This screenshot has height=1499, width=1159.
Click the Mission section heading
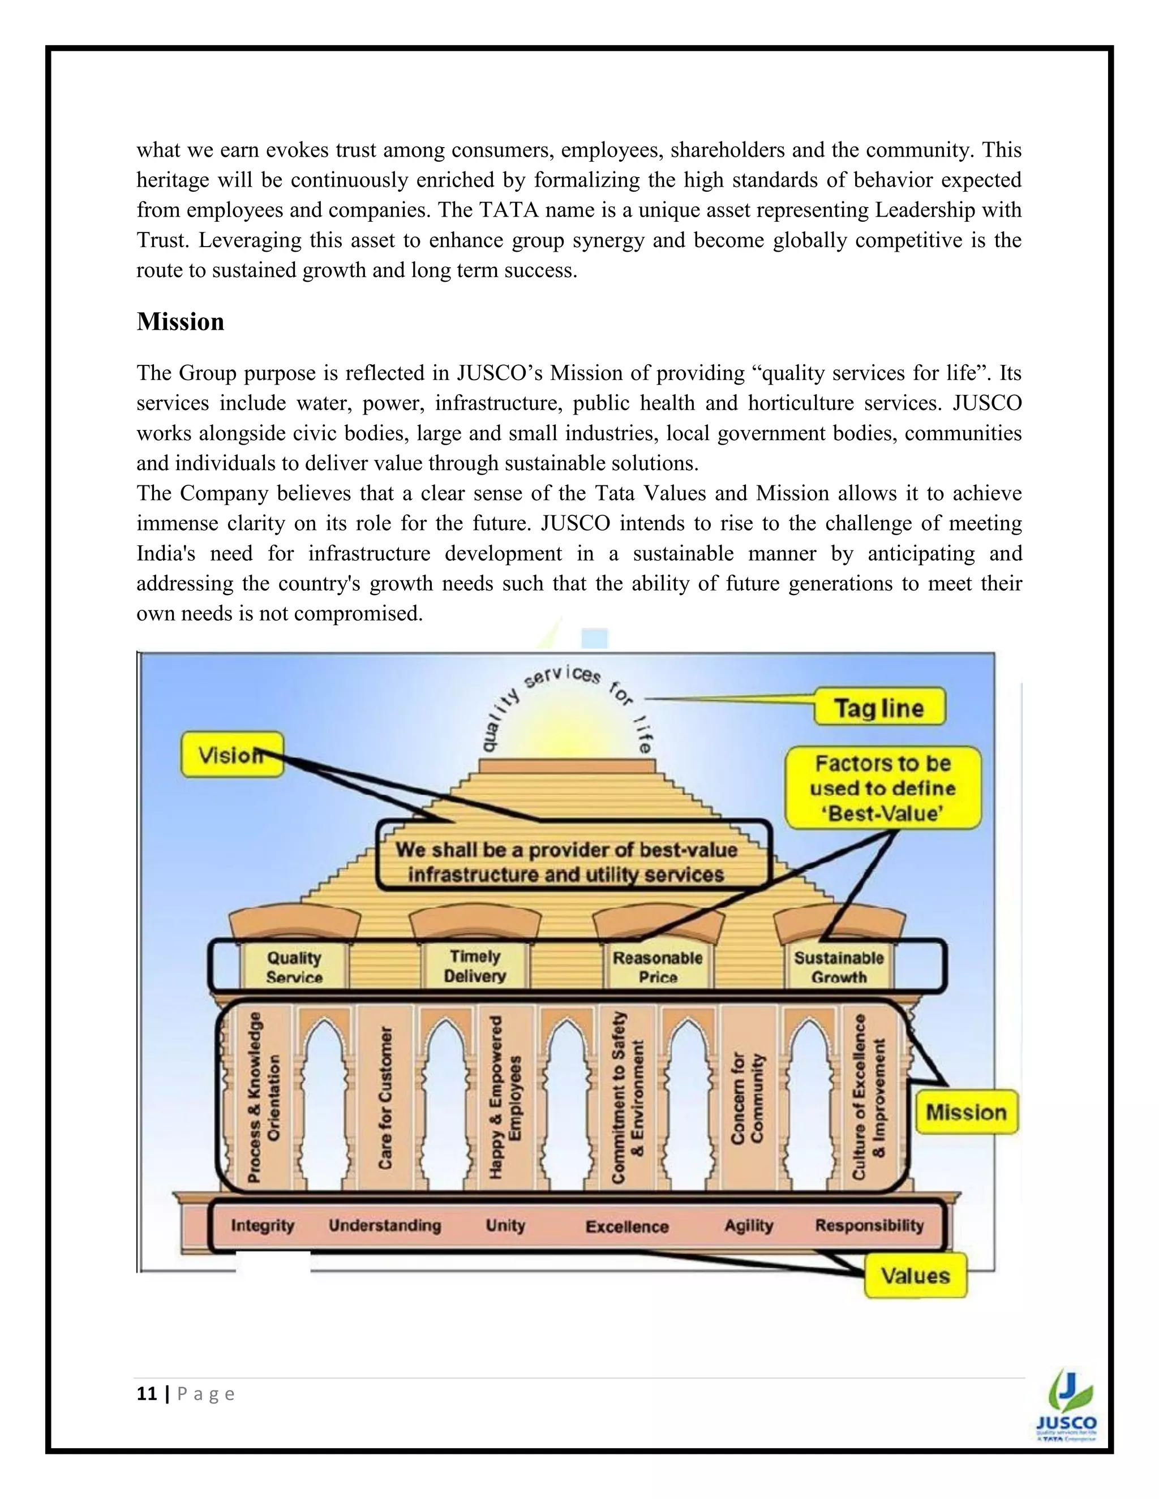click(181, 322)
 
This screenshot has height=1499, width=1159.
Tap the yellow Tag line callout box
click(879, 708)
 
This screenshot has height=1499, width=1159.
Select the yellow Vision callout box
click(231, 755)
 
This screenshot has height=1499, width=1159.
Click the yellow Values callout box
click(915, 1276)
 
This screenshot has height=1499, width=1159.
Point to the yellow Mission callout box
click(966, 1113)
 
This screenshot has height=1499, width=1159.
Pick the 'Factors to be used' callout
click(883, 788)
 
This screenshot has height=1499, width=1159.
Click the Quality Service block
click(294, 967)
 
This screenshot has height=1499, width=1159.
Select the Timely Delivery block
click(474, 966)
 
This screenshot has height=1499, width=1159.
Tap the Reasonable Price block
click(657, 967)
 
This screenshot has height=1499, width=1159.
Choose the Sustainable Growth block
click(838, 967)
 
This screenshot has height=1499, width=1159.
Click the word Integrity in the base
click(262, 1226)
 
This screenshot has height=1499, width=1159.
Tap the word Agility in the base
click(748, 1226)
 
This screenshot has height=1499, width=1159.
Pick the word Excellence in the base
click(627, 1226)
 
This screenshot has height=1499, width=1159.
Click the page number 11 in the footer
click(146, 1394)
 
